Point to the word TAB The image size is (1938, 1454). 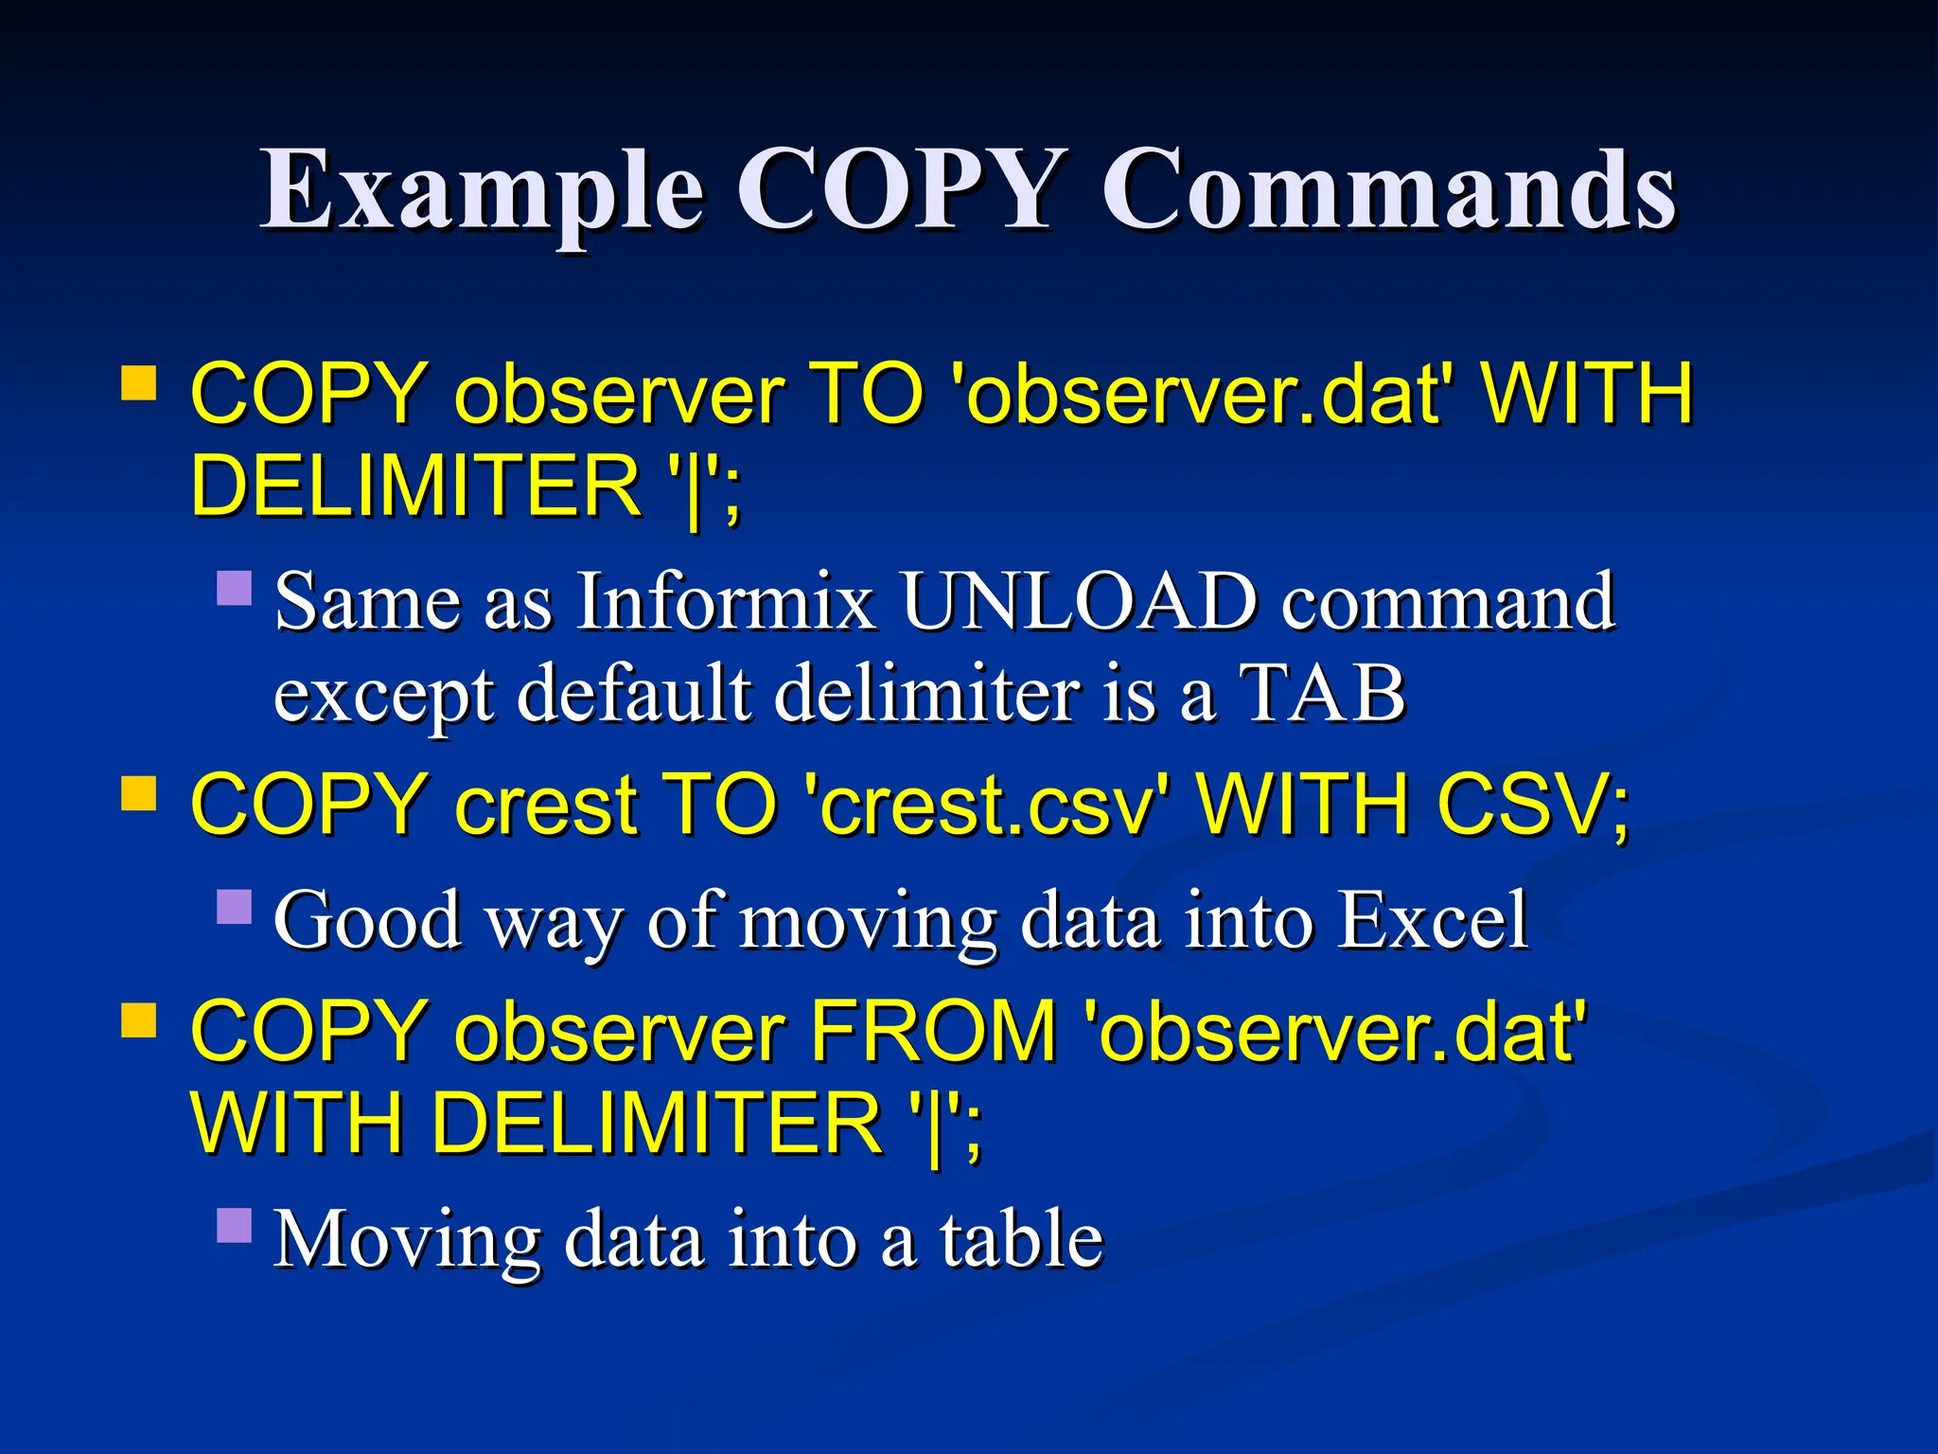tap(1322, 693)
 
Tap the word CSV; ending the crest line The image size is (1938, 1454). tap(1533, 805)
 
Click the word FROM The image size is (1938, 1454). tap(933, 1032)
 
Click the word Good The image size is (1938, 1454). tap(368, 920)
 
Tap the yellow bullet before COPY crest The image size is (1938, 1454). tap(139, 795)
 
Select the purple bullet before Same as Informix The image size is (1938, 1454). tap(234, 588)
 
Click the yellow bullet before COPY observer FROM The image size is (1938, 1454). tap(139, 1022)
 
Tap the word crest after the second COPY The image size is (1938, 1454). tap(544, 805)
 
